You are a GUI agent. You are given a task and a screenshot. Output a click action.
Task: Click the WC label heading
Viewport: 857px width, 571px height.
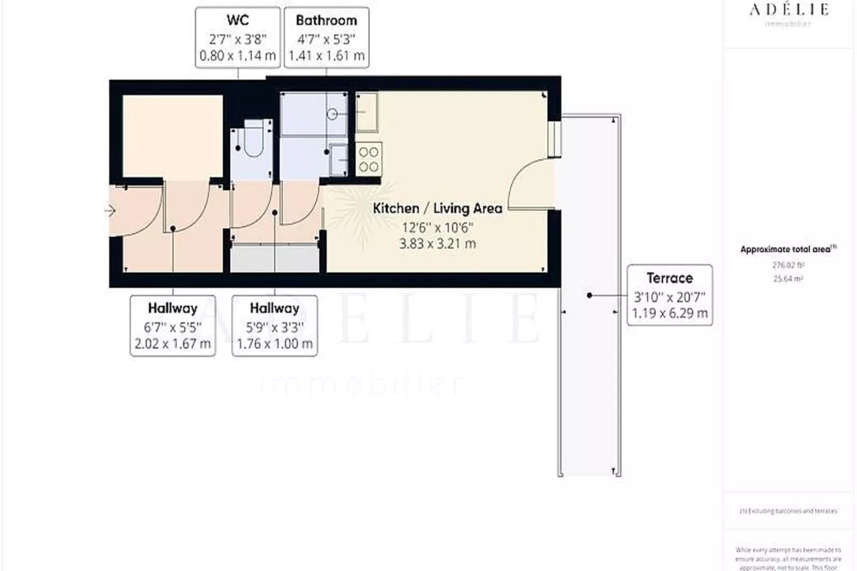point(237,20)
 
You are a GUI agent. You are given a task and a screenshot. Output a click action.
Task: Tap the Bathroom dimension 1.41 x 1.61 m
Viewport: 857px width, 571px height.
point(326,55)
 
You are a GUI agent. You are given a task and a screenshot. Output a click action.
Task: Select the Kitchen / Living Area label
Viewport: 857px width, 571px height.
point(437,208)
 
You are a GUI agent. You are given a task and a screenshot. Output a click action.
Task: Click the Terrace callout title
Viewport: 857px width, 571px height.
point(669,278)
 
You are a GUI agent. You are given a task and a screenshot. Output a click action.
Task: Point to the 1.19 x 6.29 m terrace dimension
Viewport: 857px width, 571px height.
point(669,313)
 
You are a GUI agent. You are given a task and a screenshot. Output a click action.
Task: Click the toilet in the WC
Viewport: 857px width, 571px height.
point(253,140)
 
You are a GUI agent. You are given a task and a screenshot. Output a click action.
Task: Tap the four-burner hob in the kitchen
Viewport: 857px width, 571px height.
point(368,159)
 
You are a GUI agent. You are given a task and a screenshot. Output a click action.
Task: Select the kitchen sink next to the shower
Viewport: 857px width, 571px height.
point(367,112)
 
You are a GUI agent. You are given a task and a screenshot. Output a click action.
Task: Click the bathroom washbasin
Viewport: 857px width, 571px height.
point(338,159)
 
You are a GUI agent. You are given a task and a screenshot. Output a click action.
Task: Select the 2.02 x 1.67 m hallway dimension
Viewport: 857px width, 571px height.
point(172,344)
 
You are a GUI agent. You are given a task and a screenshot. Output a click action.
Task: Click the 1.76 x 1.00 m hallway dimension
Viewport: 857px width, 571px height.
point(274,344)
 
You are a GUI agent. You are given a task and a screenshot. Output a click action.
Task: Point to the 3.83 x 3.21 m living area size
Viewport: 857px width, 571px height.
point(437,244)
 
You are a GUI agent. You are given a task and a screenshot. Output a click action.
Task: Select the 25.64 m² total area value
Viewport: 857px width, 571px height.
point(788,279)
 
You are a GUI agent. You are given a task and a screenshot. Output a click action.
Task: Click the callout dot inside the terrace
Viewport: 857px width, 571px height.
point(589,295)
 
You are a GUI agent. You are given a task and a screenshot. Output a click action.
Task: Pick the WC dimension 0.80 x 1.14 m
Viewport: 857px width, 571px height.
point(237,55)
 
